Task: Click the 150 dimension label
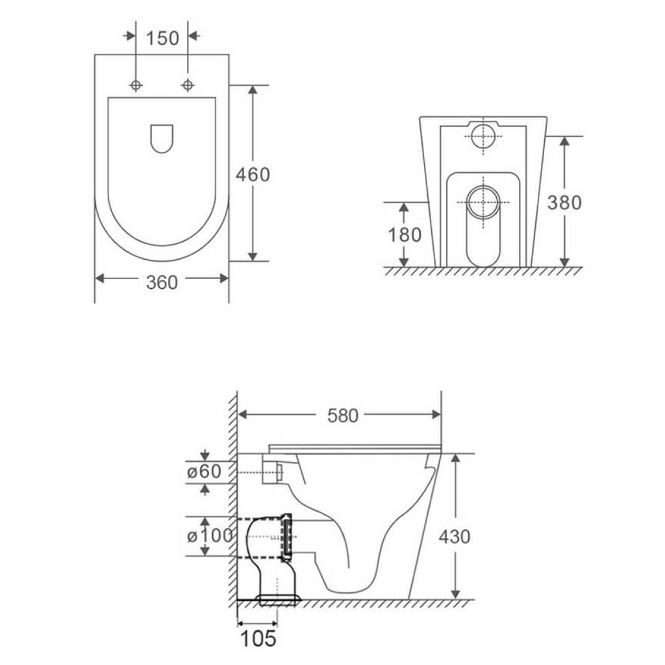tap(162, 38)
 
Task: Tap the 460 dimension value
tap(252, 174)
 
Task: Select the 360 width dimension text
tap(161, 282)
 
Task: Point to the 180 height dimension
tap(405, 234)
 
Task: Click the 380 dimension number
tap(564, 203)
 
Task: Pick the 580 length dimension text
tap(342, 416)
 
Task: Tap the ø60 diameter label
tap(204, 472)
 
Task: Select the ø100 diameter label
tap(209, 536)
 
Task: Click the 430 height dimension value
tap(454, 536)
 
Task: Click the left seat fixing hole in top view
tap(136, 85)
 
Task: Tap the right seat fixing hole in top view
tap(188, 85)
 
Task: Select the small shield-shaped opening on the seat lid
tap(162, 138)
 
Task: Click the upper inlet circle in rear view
tap(483, 137)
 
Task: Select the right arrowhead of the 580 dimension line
tap(436, 414)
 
